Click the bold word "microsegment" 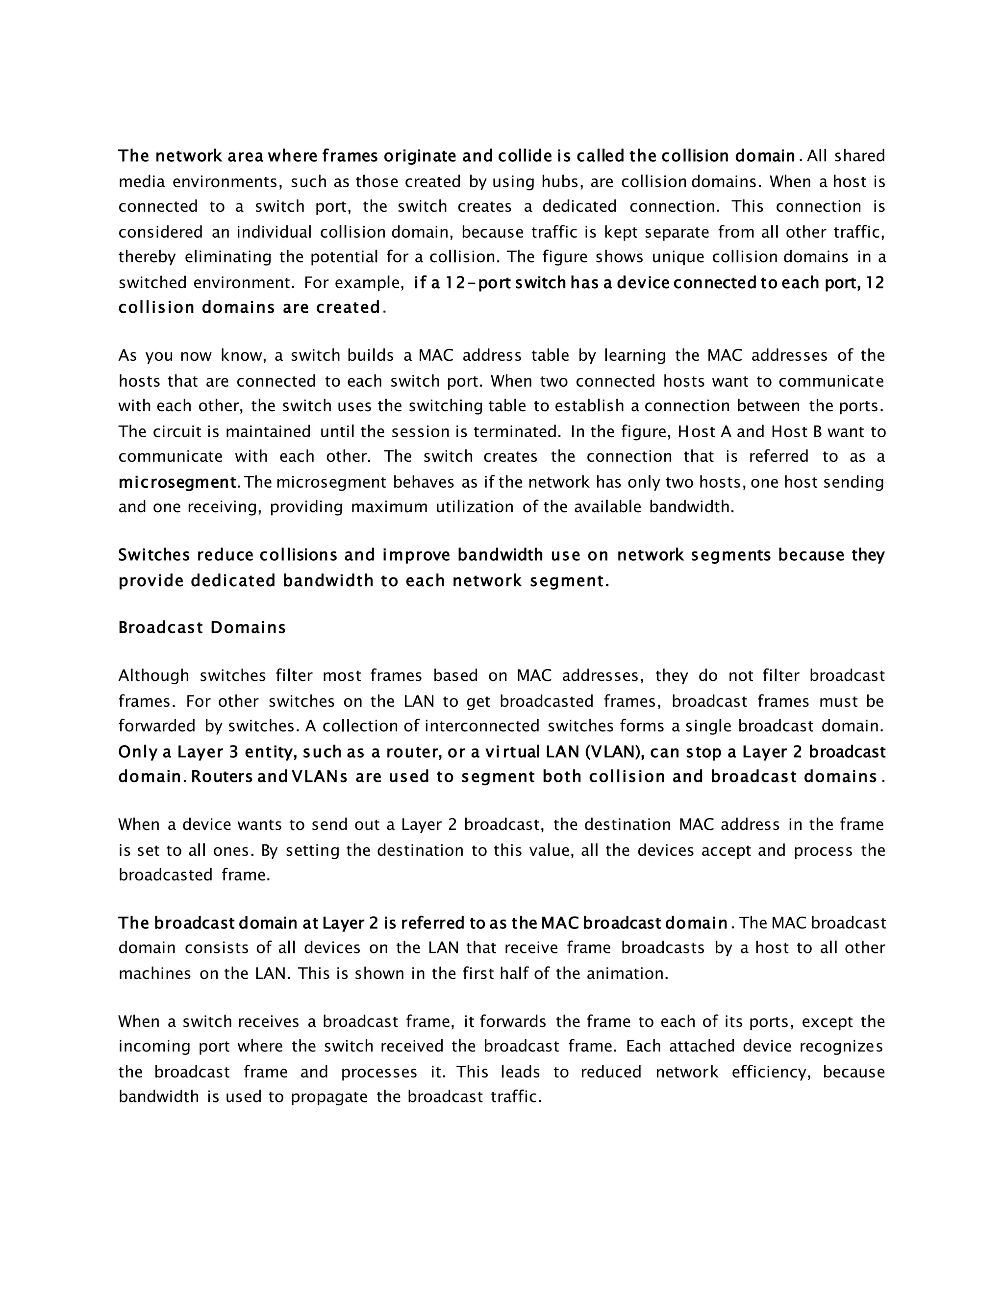[178, 482]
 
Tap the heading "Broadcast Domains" [202, 627]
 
